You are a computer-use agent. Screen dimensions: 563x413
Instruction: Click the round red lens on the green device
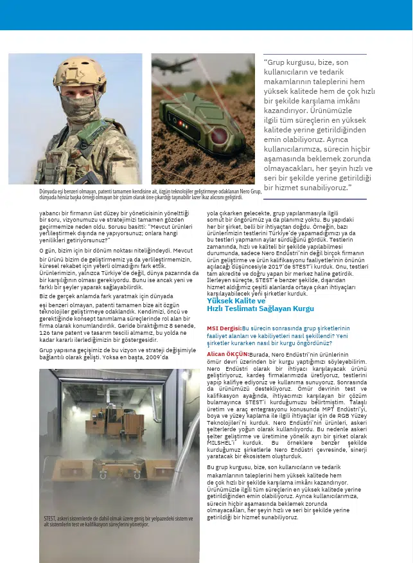[220, 135]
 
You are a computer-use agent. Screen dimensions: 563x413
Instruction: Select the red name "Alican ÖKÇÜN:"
[227, 354]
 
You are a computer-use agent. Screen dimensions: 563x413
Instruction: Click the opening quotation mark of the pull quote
[267, 62]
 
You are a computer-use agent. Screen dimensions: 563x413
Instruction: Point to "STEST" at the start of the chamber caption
[51, 519]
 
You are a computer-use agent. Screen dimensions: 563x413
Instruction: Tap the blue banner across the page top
[206, 15]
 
